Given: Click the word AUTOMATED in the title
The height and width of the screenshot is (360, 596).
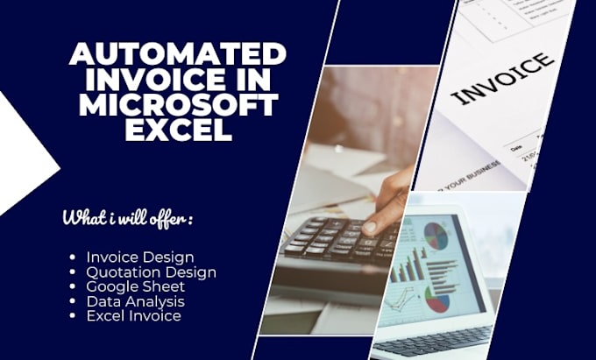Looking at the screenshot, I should pos(177,54).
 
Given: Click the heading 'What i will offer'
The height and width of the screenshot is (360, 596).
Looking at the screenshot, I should pos(127,218).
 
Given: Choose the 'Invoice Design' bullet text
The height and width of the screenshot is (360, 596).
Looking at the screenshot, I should pos(140,257).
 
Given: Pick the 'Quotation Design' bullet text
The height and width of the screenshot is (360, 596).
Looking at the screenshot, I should pos(151,272).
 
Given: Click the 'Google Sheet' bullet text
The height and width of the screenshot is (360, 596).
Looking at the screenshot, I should pos(135,286).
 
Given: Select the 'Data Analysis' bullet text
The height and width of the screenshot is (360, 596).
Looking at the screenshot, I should pos(135,300).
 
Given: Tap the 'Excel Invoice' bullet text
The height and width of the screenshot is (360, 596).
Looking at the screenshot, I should pos(133,315).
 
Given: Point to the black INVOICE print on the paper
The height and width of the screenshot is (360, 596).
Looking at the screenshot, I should pos(506,79).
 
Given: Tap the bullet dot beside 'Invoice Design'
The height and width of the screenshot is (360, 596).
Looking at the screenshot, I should pos(73,258).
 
